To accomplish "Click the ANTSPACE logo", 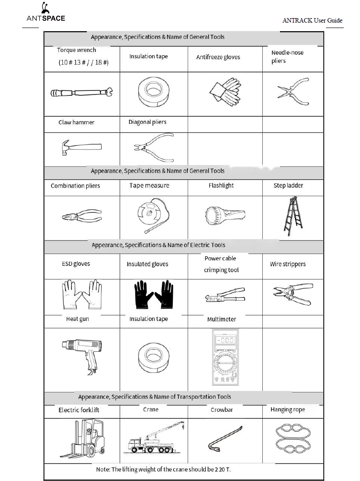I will (45, 14).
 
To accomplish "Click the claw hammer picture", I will (81, 147).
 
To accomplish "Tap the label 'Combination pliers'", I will (76, 186).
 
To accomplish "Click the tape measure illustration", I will (153, 217).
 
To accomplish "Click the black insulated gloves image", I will (154, 295).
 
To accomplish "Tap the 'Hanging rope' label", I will (288, 410).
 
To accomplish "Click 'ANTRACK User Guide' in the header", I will (312, 21).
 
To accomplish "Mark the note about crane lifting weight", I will (163, 470).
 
